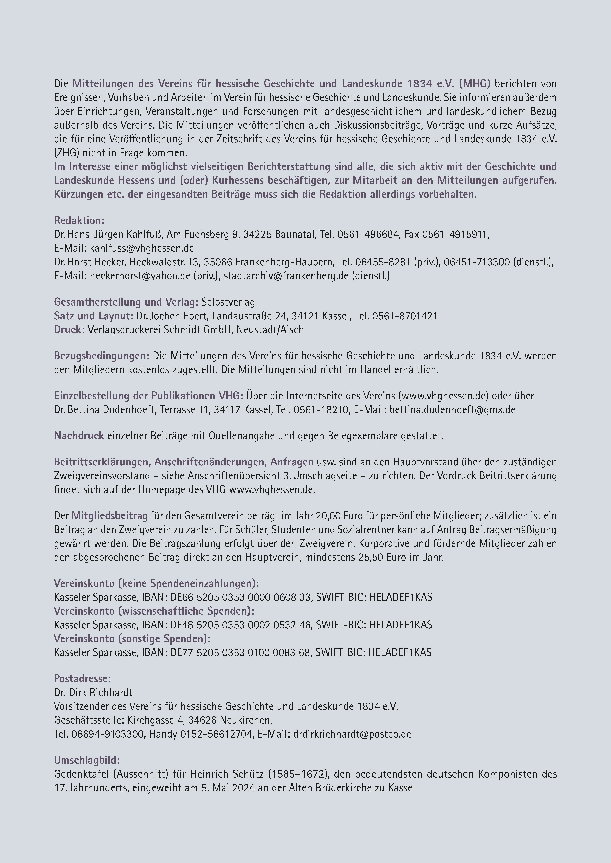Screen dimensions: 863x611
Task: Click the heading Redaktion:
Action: click(79, 221)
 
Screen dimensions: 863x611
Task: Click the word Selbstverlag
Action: click(228, 302)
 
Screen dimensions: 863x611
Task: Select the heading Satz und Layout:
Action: click(94, 316)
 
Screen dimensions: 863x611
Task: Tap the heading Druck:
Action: click(69, 330)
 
